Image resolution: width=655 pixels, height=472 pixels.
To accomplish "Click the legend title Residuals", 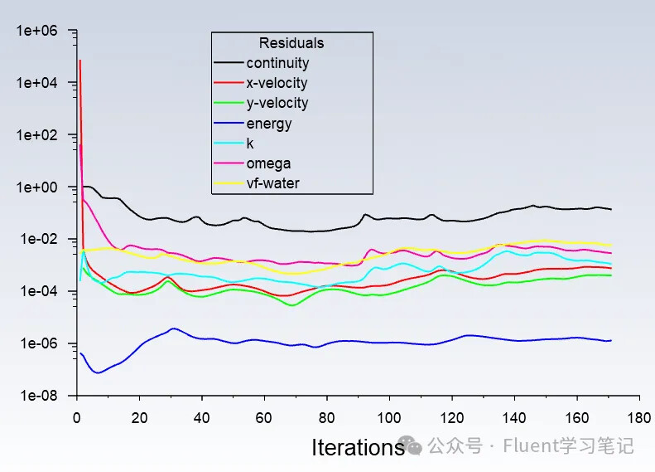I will (x=291, y=43).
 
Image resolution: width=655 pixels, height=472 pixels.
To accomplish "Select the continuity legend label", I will (x=277, y=63).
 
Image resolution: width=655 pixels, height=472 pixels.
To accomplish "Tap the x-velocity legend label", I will (x=277, y=83).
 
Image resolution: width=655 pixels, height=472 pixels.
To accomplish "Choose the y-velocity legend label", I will (x=277, y=103).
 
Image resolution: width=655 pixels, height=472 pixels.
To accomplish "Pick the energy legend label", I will (x=268, y=124).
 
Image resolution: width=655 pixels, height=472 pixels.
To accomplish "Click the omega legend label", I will (x=268, y=163).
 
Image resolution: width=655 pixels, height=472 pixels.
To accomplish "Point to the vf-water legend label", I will (x=272, y=183).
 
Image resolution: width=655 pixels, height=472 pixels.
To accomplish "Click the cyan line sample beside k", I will (x=229, y=144).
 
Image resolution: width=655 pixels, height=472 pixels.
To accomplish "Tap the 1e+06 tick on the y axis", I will (x=36, y=31).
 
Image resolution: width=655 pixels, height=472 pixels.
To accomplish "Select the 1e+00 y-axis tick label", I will (x=36, y=187).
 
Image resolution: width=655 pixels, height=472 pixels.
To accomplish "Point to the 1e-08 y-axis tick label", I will (x=37, y=397).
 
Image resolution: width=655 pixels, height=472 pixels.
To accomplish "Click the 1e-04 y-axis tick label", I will (x=37, y=292).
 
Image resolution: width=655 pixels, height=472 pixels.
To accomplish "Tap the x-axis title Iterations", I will (x=358, y=448).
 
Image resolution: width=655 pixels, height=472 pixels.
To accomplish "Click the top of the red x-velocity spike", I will (x=79, y=60).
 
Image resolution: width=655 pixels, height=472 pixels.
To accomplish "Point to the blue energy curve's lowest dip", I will (x=98, y=372).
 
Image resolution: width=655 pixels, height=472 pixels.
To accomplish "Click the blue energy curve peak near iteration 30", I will (x=173, y=328).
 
